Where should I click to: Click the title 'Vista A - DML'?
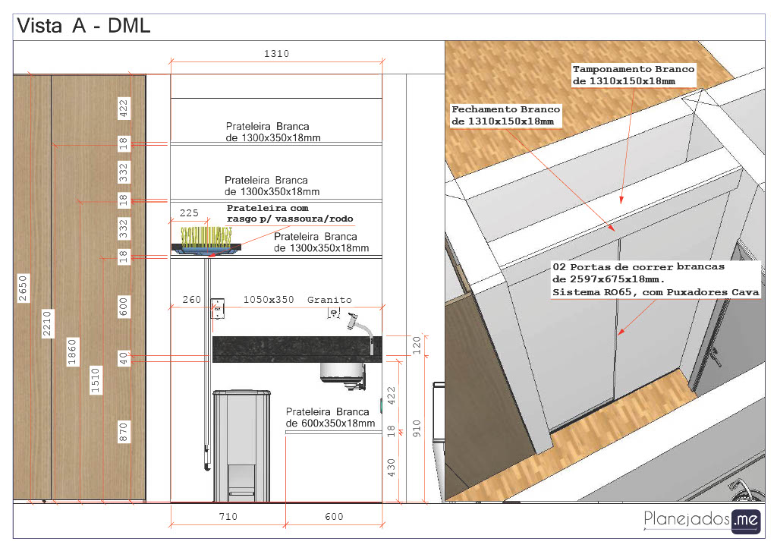pos(83,26)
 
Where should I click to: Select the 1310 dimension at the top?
pos(276,54)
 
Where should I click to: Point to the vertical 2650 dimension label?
pos(24,288)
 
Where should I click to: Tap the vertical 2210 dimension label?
pos(47,323)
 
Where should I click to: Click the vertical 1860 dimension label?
pos(72,352)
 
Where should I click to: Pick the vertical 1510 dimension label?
pos(95,380)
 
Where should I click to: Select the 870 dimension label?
pos(124,432)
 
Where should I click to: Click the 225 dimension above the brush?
pos(189,213)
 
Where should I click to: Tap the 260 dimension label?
pos(192,300)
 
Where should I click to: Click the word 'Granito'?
pos(329,300)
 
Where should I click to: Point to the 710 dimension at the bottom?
pos(228,516)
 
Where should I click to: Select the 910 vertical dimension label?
pos(417,428)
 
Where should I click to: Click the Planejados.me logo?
pos(702,521)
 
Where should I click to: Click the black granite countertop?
pos(297,349)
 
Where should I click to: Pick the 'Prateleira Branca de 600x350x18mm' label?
pos(331,417)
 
